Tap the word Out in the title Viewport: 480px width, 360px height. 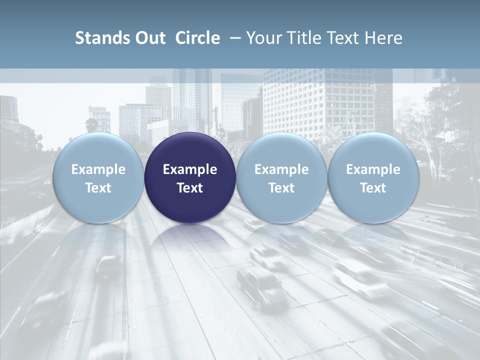coord(149,38)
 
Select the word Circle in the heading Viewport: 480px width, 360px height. coord(197,38)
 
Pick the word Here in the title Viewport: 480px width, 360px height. coord(384,38)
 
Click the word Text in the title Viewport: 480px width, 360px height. coord(342,38)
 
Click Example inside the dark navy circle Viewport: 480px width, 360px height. coord(190,169)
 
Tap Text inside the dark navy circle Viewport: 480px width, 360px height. coord(190,188)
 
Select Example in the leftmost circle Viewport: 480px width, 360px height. coord(98,169)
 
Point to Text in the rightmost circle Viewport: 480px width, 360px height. coord(373,188)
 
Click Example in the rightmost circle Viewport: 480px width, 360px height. coord(373,169)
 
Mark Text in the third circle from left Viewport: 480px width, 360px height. coord(281,188)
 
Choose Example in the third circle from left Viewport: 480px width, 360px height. coord(281,169)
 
